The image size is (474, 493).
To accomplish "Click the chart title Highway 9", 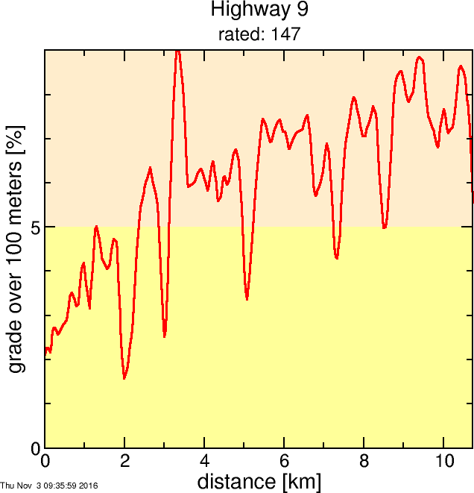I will (x=259, y=10).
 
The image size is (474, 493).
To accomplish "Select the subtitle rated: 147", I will (x=259, y=34).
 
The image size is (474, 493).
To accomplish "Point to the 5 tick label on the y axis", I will (x=36, y=227).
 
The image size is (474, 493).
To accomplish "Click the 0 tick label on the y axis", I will (x=36, y=448).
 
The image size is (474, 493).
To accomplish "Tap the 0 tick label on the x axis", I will (x=45, y=460).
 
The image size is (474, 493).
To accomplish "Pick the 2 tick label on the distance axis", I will (x=125, y=460).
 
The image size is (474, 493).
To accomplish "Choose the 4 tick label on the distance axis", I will (x=204, y=460).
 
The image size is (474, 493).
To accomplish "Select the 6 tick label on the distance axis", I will (x=284, y=460).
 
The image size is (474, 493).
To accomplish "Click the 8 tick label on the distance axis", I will (x=364, y=460).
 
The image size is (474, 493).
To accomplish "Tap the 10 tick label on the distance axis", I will (x=443, y=460).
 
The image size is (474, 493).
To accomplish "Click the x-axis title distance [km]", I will (x=259, y=481).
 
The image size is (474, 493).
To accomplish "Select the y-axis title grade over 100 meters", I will (x=16, y=249).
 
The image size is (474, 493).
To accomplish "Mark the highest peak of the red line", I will (x=177, y=51).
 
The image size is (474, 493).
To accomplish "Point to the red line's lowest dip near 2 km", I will (x=124, y=378).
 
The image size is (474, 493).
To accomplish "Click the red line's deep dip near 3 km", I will (x=165, y=336).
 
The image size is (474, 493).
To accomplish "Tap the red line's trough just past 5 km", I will (x=247, y=298).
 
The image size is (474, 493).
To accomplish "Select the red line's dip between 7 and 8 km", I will (x=337, y=258).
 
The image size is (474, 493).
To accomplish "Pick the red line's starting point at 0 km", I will (x=46, y=349).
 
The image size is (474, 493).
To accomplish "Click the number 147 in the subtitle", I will (x=287, y=34).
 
